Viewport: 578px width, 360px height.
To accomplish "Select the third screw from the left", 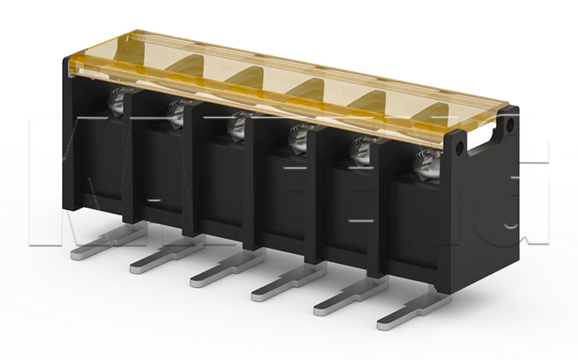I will [236, 123].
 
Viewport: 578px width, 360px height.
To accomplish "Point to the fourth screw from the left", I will [297, 136].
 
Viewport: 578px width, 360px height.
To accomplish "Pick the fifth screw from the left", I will [359, 150].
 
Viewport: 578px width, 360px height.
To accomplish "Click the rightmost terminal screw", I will [424, 163].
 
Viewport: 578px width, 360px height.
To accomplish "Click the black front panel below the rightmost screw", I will [419, 234].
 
